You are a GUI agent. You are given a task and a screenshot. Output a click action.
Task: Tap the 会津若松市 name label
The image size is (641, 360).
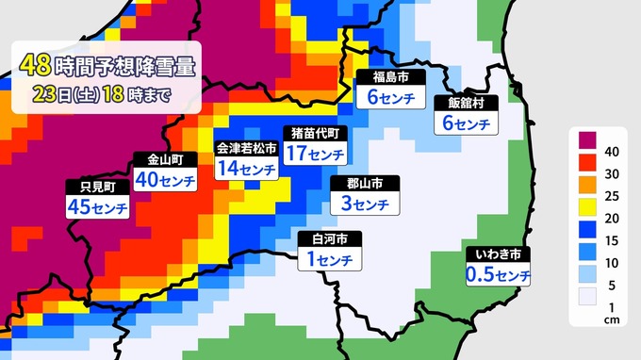[247, 148]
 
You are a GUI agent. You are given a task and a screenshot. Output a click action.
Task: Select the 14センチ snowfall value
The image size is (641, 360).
[247, 168]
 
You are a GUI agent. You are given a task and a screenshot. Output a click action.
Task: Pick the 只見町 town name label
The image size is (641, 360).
[96, 185]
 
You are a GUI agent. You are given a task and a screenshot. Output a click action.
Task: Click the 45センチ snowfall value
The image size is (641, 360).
[96, 205]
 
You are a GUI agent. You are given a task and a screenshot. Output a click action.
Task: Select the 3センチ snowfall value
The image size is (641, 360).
[363, 204]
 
